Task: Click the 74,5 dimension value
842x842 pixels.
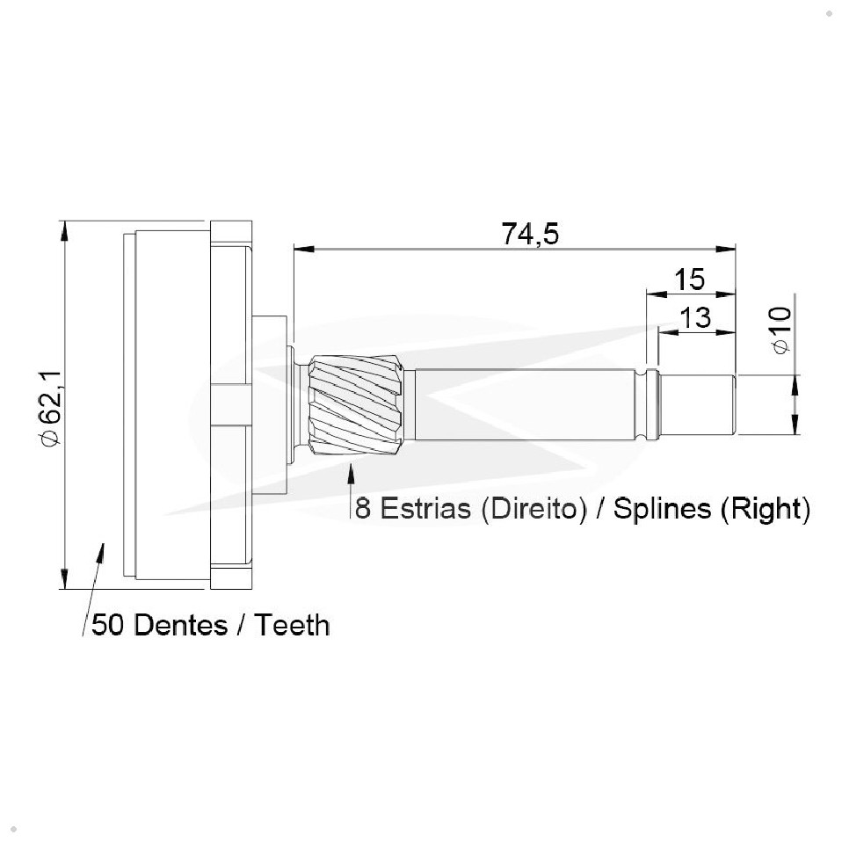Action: tap(530, 234)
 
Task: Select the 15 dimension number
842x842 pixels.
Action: tap(689, 279)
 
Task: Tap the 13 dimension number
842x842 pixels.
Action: tap(695, 318)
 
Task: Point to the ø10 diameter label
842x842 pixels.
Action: tap(782, 330)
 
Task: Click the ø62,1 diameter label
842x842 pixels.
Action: tap(52, 408)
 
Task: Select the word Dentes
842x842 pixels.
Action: tap(180, 625)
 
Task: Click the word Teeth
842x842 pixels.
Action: tap(292, 625)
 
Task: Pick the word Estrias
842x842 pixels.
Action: tap(425, 508)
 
